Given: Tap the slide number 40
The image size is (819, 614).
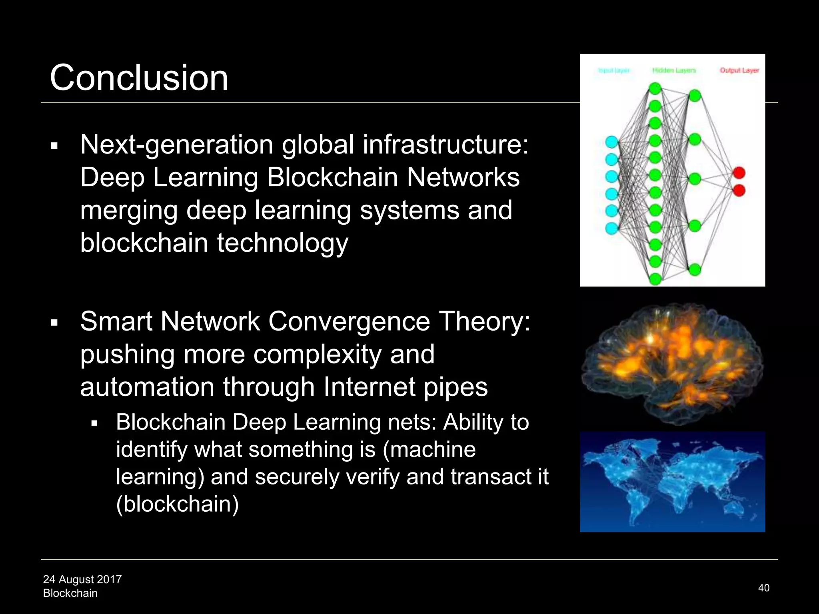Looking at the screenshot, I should coord(763,588).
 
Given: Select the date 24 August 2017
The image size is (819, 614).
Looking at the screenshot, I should coord(82,579).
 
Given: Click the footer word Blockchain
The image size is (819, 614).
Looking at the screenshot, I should coord(70,593).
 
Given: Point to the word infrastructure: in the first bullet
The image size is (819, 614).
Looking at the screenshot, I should coord(445,144).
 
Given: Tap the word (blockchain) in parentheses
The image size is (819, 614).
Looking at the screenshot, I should coord(177,504).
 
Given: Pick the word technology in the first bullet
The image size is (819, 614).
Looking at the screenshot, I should coord(282,243).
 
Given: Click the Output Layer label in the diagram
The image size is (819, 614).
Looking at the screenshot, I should coord(739,70).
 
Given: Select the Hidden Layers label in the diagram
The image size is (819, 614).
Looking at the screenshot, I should coord(674,70).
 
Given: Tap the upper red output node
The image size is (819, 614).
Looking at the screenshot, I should coord(739,173).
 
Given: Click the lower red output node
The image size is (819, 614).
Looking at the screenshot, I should coord(739,190).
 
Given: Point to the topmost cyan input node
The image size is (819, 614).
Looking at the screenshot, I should coord(611,142).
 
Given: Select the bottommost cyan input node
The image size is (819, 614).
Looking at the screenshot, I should coord(611,228).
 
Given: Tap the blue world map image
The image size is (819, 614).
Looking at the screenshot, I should coord(672,482).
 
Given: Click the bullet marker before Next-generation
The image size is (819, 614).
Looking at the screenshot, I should coord(54,146).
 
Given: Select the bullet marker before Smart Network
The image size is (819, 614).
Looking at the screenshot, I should coord(54,323).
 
